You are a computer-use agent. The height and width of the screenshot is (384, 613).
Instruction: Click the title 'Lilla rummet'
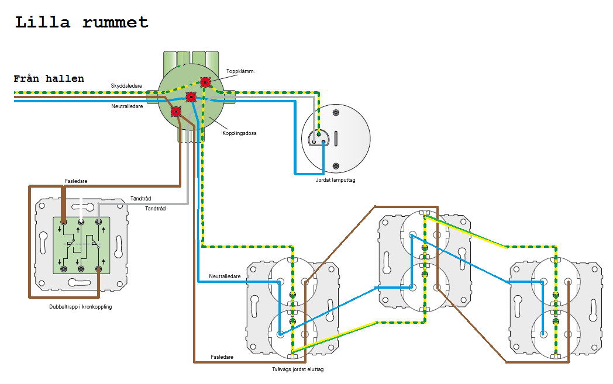pos(82,23)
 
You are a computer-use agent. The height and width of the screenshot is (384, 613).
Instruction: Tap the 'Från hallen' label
pos(49,79)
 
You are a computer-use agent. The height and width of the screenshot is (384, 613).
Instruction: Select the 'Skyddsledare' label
pos(126,86)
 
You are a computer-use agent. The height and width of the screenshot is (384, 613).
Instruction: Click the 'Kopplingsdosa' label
pos(239,133)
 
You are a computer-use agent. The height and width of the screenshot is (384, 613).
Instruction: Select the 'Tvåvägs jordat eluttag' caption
pos(298,369)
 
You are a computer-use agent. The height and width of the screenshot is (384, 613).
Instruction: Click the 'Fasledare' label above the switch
pos(76,181)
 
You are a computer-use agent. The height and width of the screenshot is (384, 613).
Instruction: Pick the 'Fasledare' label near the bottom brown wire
pos(222,357)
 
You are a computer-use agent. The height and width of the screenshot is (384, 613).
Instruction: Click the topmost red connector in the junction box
pos(205,82)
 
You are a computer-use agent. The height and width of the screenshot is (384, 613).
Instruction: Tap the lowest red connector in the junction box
pos(176,112)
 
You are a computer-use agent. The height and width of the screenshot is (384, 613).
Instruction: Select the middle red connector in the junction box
pos(191,96)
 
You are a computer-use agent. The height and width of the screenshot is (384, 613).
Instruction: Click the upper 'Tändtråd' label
pos(140,199)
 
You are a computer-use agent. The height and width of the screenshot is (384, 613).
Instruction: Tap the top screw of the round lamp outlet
pos(335,113)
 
